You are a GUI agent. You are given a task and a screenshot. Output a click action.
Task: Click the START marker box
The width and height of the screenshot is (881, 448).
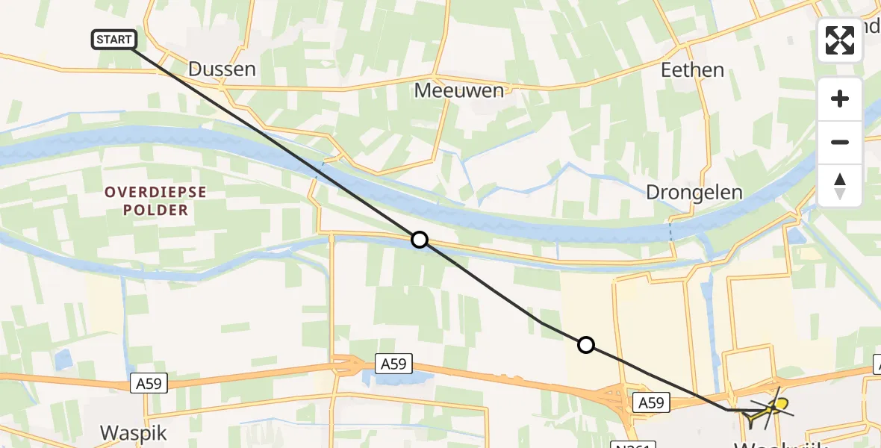tap(113, 40)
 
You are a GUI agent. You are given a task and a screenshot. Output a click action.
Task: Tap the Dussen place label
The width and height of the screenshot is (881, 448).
tap(222, 69)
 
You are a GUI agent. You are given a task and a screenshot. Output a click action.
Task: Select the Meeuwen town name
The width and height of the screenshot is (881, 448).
tap(459, 90)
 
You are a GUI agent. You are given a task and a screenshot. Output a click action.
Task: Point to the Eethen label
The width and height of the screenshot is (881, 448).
tap(692, 69)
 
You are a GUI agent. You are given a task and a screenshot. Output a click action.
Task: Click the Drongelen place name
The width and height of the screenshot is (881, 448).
tap(694, 193)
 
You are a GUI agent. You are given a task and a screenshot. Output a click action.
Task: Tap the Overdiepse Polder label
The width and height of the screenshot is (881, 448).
tap(155, 201)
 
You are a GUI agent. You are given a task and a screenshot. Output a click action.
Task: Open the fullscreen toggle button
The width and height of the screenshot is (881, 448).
tap(840, 40)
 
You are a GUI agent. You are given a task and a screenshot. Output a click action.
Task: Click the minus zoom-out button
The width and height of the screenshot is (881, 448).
tap(840, 142)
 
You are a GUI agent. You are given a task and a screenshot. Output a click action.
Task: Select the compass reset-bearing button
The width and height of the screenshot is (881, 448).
tap(840, 184)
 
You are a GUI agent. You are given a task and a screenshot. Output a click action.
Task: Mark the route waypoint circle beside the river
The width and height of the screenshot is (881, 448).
tap(420, 240)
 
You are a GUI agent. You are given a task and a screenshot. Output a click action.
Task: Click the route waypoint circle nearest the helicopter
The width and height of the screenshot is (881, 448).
tap(586, 345)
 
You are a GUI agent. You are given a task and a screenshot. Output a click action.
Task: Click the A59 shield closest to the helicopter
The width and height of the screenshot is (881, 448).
tap(650, 403)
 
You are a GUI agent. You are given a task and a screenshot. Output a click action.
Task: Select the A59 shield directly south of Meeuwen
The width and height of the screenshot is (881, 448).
tap(395, 364)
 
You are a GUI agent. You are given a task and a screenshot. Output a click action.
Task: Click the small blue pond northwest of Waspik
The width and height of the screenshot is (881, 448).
tap(63, 360)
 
